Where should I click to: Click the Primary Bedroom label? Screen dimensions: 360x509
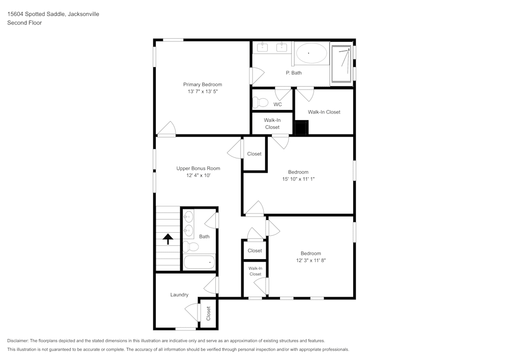203,85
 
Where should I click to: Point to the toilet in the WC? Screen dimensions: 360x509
261,102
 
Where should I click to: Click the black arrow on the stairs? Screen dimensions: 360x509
167,238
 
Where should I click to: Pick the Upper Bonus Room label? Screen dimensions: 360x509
198,169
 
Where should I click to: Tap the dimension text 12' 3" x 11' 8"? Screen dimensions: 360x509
310,261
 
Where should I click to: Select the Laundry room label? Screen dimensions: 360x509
179,295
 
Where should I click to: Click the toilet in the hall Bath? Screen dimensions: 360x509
190,247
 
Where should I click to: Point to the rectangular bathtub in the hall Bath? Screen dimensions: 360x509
199,262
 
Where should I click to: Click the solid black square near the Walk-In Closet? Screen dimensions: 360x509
301,127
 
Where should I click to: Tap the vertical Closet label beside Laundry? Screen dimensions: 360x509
208,313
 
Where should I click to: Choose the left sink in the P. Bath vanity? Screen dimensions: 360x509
263,47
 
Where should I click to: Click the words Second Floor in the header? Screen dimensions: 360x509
24,23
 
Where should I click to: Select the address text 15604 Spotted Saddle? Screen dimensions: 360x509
36,14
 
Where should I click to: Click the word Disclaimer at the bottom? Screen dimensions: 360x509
18,341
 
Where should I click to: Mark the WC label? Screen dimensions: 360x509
277,104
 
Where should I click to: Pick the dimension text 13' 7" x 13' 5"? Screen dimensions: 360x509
203,92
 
